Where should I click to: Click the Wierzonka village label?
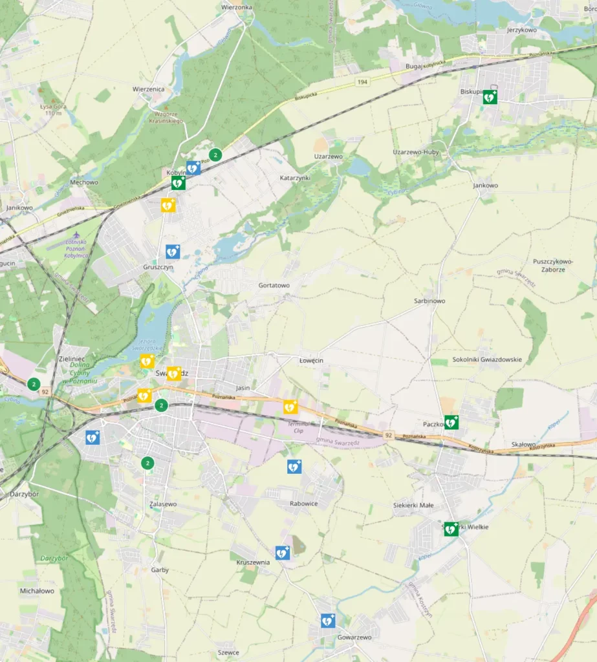click(x=236, y=6)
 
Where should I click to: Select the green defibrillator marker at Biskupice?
click(x=490, y=97)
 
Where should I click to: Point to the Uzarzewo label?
click(x=328, y=156)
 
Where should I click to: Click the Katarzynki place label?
click(x=296, y=177)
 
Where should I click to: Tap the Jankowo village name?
click(x=486, y=186)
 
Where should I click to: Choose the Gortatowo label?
click(x=274, y=285)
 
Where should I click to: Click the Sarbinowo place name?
click(x=429, y=301)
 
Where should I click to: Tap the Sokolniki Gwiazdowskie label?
click(x=487, y=359)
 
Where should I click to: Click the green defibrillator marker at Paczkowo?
click(x=451, y=422)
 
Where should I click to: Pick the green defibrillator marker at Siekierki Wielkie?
click(x=451, y=528)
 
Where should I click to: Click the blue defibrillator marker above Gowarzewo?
click(x=328, y=621)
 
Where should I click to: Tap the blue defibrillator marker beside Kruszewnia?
click(x=282, y=553)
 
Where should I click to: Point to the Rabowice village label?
click(x=304, y=504)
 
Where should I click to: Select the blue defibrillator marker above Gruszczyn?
click(x=172, y=251)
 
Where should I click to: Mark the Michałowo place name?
click(x=37, y=591)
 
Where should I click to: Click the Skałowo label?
click(x=523, y=444)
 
